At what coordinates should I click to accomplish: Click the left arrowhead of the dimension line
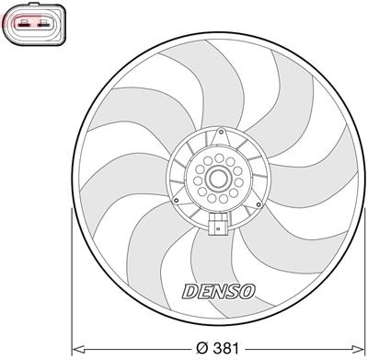pyautogui.click(x=75, y=349)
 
